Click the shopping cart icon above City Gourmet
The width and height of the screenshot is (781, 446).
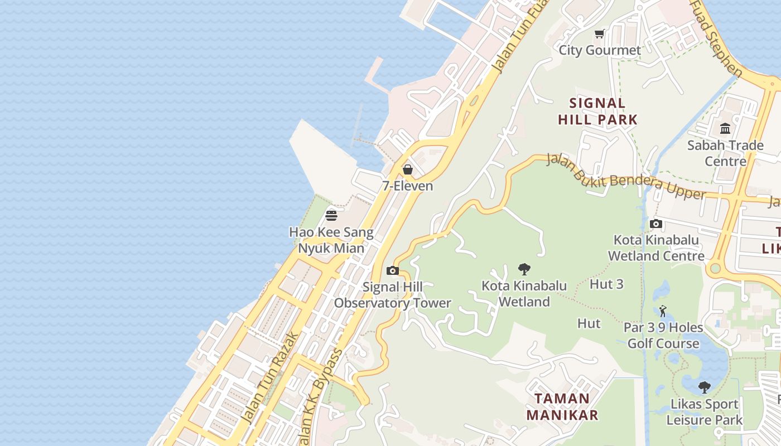600,34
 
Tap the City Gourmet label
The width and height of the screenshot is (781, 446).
600,50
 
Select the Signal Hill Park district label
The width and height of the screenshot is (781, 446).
597,111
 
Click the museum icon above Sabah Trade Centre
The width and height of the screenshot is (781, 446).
725,129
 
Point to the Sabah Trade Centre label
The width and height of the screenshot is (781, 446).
725,153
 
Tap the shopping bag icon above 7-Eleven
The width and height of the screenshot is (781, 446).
408,169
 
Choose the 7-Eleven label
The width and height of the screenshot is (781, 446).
408,186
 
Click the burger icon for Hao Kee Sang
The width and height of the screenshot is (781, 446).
331,216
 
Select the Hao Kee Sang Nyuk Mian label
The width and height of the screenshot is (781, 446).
331,240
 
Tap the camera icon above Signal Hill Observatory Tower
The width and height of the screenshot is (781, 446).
393,271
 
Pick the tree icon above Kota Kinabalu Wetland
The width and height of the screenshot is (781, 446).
524,270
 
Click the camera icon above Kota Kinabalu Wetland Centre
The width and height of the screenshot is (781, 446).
656,224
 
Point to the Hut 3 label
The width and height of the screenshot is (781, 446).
606,284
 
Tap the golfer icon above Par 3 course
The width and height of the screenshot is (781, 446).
663,311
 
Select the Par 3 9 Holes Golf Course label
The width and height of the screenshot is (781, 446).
663,335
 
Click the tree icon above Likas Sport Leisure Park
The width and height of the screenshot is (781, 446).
705,387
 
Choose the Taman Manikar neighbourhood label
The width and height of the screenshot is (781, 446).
562,406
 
